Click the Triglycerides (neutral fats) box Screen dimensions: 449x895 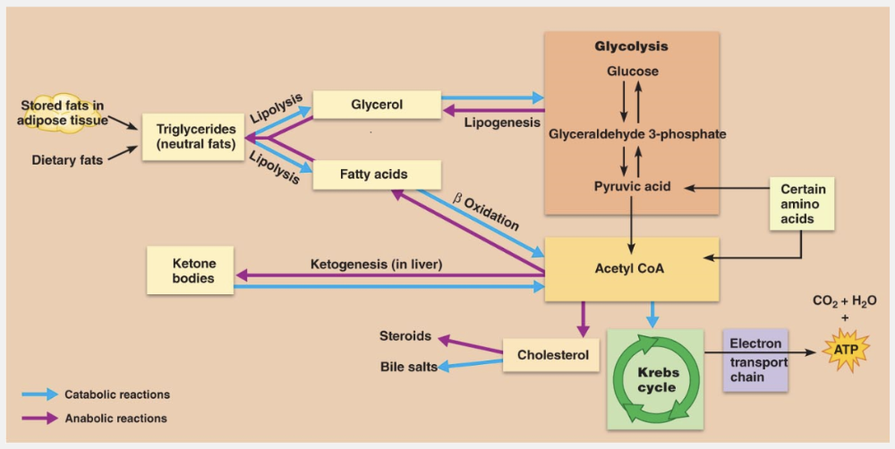point(193,136)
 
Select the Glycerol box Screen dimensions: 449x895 point(377,105)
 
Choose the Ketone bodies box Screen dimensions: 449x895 point(194,270)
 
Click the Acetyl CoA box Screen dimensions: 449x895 point(631,268)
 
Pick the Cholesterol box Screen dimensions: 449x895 point(552,355)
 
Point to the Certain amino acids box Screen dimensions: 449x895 point(803,204)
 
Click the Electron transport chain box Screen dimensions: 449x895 point(755,360)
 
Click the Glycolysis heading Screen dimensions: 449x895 point(631,47)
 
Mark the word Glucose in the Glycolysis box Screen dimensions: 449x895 point(632,72)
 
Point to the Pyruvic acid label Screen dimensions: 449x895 point(632,187)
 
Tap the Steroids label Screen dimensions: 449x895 point(405,336)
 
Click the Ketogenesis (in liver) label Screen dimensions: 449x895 point(377,264)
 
